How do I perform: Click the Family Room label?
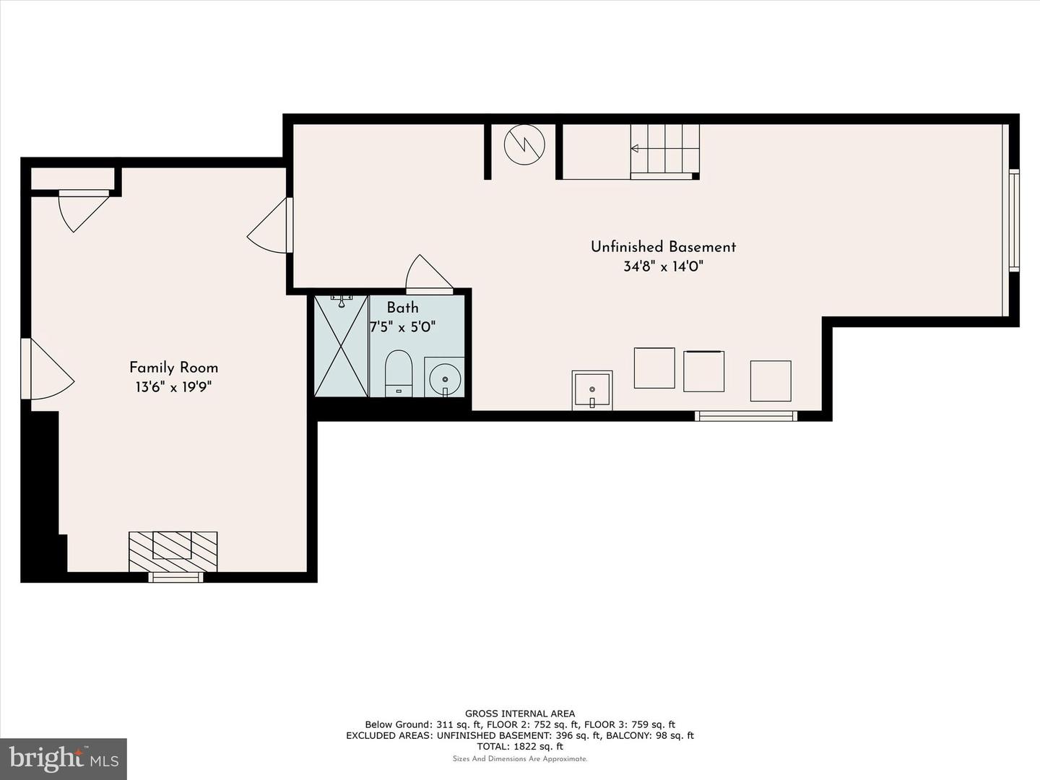click(x=173, y=368)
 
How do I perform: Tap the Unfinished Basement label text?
click(x=663, y=247)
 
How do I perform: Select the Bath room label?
click(x=402, y=308)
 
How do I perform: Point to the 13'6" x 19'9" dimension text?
click(x=173, y=387)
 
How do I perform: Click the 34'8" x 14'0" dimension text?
click(x=663, y=266)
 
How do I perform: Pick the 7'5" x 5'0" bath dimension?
click(x=402, y=326)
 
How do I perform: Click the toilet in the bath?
click(x=398, y=373)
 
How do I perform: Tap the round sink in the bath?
click(x=444, y=378)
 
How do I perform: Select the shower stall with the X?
click(x=341, y=345)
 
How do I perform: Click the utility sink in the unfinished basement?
click(x=591, y=390)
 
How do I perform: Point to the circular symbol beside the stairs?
click(x=524, y=145)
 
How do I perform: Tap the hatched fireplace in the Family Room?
click(x=173, y=552)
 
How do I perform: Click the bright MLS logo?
click(x=64, y=759)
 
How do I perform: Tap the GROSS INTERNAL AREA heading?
click(x=520, y=714)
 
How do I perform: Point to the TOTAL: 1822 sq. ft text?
click(x=520, y=746)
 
